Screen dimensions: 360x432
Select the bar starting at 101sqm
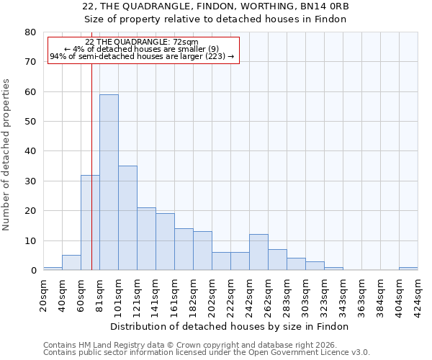click(x=127, y=218)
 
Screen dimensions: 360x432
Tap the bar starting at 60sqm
click(x=90, y=222)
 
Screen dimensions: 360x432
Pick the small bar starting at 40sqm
click(x=71, y=263)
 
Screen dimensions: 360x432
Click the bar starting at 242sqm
click(x=258, y=253)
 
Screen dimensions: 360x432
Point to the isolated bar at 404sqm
click(x=408, y=269)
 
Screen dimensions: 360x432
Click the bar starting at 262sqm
click(x=277, y=260)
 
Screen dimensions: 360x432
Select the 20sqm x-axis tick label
click(x=44, y=294)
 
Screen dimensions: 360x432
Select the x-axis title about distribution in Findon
click(x=230, y=326)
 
